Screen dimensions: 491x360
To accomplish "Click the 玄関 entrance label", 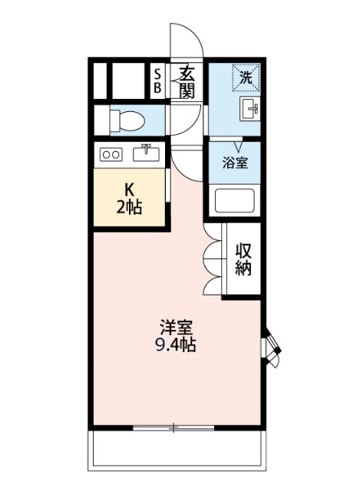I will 187,81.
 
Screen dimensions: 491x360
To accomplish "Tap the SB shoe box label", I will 158,81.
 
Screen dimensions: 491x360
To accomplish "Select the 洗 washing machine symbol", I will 246,77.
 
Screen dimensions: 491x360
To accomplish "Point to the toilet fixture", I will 127,120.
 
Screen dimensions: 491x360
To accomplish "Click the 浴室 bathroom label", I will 235,163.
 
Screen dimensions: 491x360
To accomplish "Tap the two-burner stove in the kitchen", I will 111,154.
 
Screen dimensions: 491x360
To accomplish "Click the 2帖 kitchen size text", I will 129,206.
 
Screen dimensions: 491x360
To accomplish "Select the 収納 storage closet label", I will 243,259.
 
